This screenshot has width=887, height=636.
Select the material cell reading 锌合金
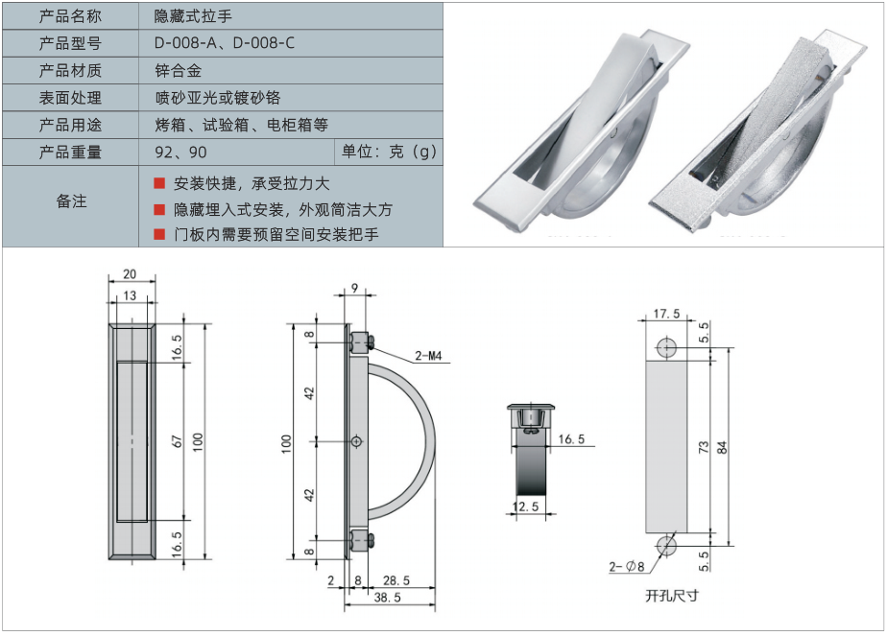tap(177, 70)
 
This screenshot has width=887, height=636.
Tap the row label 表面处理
tap(70, 98)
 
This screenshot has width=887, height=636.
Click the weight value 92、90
tap(180, 153)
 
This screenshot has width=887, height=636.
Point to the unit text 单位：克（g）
tap(389, 152)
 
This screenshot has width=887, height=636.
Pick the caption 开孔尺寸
tap(672, 596)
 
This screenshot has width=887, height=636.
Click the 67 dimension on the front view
tap(178, 440)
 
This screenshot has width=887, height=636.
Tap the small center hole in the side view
tap(357, 441)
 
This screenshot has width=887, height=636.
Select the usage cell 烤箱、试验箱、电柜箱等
tap(241, 125)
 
